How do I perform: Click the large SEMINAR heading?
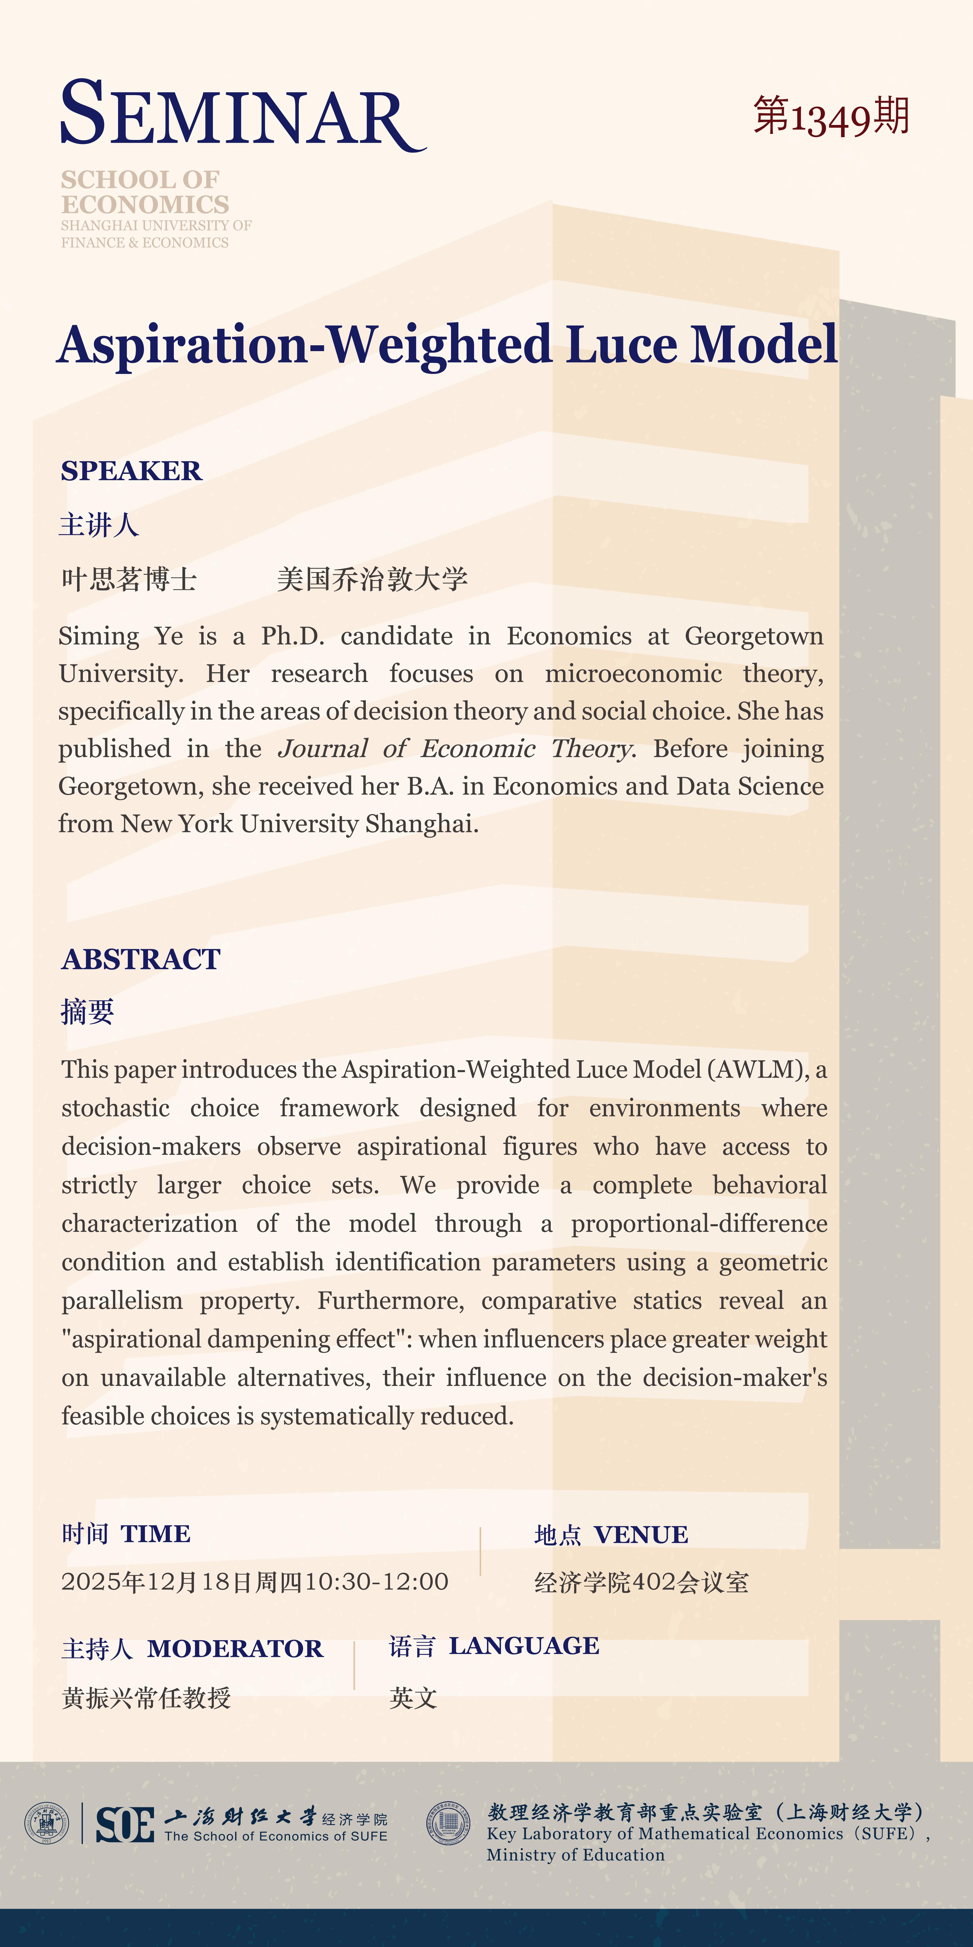click(x=242, y=115)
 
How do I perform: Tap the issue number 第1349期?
click(x=831, y=117)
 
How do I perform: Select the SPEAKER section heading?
click(x=132, y=471)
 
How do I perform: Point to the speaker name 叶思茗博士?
click(x=128, y=580)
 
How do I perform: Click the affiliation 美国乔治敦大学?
click(x=372, y=580)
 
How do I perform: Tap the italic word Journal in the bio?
click(x=323, y=749)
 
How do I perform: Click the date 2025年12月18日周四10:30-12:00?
click(x=255, y=1581)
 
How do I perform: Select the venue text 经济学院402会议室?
click(x=641, y=1582)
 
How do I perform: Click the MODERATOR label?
click(x=234, y=1648)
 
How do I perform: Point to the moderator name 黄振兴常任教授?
click(x=146, y=1698)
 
